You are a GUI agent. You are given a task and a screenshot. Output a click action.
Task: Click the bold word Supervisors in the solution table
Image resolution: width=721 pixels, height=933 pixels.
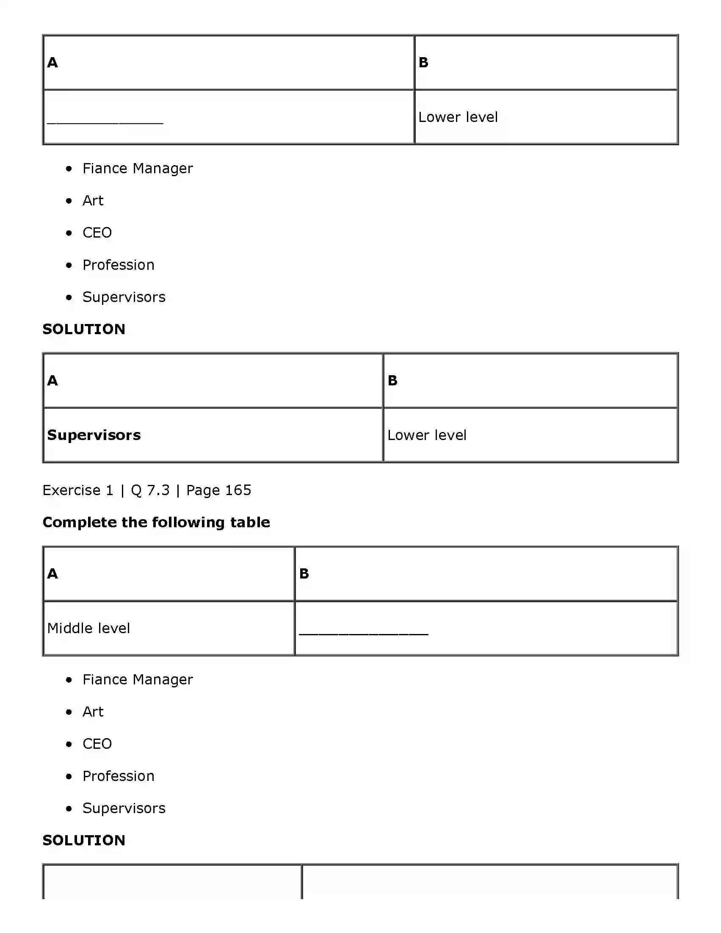[x=94, y=435]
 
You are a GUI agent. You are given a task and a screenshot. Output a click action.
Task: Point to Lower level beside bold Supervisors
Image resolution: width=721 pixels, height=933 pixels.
[x=427, y=435]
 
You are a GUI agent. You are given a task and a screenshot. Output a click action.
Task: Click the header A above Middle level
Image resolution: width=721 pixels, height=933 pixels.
[x=52, y=573]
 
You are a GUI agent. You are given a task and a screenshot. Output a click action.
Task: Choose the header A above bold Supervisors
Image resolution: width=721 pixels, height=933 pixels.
[x=52, y=380]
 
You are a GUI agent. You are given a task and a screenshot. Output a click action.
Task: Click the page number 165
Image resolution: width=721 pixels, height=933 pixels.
[x=238, y=490]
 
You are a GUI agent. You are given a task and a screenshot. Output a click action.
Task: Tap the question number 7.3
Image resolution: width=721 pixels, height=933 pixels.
[x=158, y=490]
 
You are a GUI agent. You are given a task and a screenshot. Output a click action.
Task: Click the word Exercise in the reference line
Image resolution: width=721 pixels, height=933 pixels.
[x=71, y=490]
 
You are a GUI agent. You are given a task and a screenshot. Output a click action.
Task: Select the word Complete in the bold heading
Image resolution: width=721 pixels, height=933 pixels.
[x=79, y=522]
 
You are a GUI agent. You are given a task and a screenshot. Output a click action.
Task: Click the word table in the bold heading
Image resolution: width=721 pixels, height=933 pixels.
[x=250, y=522]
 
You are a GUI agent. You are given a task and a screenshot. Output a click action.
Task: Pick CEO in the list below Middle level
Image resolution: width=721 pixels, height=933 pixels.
[x=97, y=744]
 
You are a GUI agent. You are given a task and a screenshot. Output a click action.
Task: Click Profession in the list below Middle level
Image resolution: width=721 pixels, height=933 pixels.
[x=118, y=776]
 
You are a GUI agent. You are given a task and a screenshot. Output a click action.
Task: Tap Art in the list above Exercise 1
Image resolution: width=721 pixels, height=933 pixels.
[x=93, y=200]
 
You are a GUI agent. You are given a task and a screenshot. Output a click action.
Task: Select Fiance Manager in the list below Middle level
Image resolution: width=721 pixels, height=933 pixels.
[x=138, y=679]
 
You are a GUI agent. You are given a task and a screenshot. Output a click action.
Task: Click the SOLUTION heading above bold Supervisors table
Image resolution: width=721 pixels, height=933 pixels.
[x=84, y=329]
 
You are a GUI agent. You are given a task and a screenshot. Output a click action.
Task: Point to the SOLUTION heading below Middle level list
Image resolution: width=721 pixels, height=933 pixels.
[x=84, y=840]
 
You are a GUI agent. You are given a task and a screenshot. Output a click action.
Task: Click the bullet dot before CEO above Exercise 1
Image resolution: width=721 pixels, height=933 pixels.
[x=69, y=233]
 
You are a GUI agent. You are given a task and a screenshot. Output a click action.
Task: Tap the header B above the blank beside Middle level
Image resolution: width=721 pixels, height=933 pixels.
[x=304, y=573]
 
